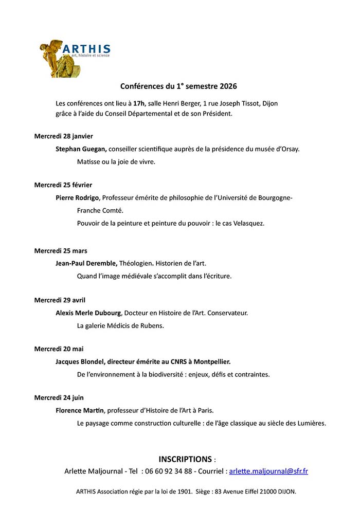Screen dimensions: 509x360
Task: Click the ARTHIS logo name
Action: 86,49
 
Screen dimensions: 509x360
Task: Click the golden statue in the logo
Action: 52,58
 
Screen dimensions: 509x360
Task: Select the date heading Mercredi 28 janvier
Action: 64,136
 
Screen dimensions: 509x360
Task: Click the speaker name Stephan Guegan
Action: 81,149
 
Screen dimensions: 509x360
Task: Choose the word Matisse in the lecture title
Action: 89,161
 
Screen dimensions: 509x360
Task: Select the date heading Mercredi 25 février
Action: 63,185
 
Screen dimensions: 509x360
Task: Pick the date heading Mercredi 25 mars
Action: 61,251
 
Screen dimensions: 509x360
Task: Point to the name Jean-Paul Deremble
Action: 86,263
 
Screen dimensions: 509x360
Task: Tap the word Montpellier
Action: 208,361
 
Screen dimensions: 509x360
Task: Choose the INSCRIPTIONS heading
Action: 185,459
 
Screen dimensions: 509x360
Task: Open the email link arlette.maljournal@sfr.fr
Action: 268,471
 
